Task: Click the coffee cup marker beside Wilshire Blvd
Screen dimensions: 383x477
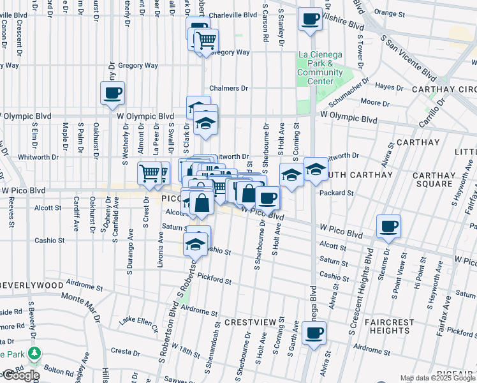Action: [x=310, y=20]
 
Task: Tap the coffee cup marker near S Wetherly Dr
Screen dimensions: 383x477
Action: [x=112, y=93]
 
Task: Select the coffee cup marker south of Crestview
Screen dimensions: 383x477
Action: [x=313, y=333]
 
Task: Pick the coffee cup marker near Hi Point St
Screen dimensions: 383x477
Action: [x=388, y=227]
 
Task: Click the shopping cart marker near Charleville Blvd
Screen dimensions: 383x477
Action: [x=206, y=41]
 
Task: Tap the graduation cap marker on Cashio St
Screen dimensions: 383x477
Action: [x=196, y=243]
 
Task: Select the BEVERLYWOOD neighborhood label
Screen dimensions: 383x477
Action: [x=32, y=285]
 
